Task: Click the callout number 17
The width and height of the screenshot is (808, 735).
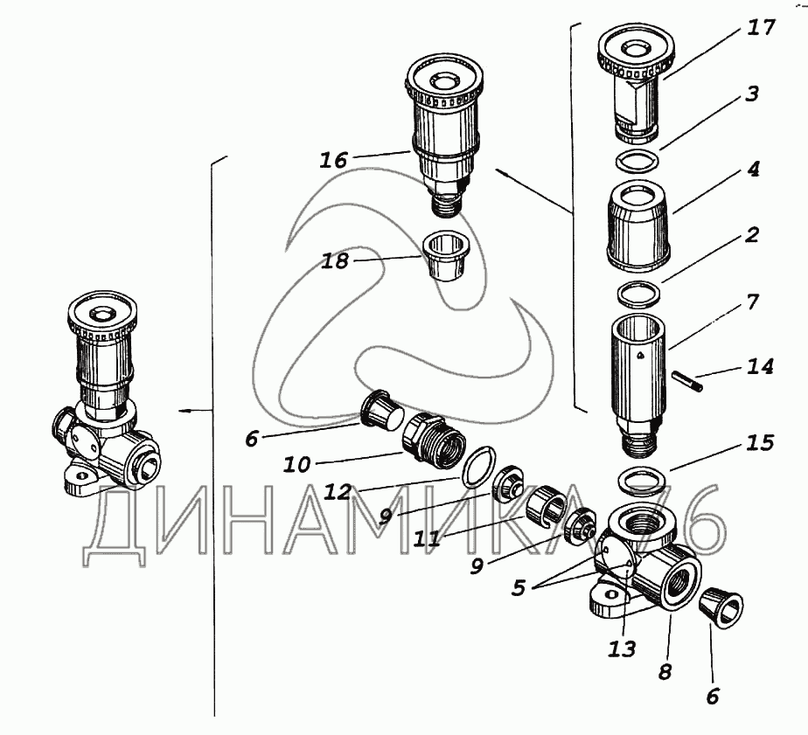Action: (x=761, y=28)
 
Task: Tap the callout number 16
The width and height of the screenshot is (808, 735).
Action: (x=334, y=160)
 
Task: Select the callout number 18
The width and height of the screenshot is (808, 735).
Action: (x=335, y=261)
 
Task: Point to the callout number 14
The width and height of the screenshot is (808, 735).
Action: (x=760, y=367)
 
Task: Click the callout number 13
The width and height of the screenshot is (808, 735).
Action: (x=622, y=649)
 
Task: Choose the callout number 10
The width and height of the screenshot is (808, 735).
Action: (x=296, y=465)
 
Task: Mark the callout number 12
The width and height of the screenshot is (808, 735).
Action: (x=337, y=492)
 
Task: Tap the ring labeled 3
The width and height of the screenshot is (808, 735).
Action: (x=637, y=159)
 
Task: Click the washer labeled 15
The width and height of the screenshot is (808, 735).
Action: (x=639, y=480)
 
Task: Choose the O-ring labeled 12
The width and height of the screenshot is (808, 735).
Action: (x=478, y=468)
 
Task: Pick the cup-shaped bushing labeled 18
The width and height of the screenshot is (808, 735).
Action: (x=446, y=256)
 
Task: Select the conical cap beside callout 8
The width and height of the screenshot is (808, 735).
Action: (x=721, y=610)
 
